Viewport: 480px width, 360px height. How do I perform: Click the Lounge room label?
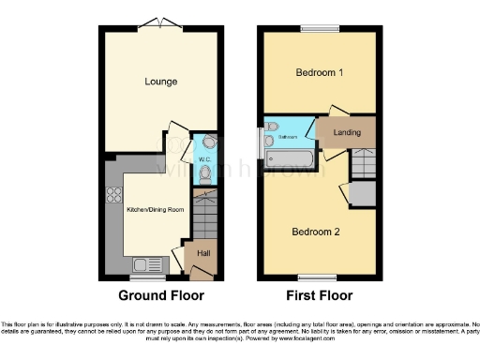point(161,82)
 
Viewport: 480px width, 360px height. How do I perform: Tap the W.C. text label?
point(203,160)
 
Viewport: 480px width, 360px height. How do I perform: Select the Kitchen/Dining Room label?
point(155,208)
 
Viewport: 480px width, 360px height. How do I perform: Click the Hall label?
point(203,253)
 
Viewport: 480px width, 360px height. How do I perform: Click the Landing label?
point(347,132)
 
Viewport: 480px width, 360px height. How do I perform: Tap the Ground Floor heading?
point(160,295)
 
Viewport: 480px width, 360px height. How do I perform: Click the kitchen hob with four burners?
point(117,196)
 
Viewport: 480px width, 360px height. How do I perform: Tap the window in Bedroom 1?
point(318,27)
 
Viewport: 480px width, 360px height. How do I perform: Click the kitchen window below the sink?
point(146,277)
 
